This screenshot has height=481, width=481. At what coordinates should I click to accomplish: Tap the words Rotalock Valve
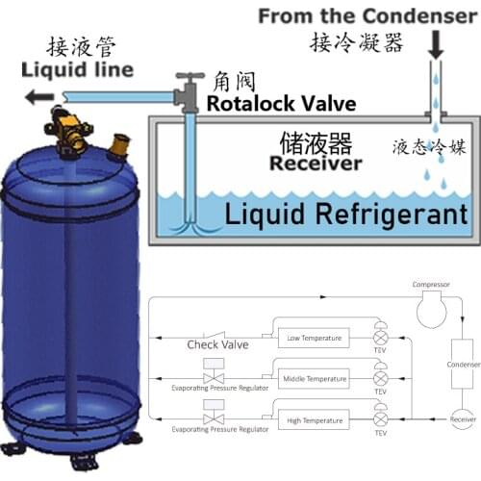[282, 103]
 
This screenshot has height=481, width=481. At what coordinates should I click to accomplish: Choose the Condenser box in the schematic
[458, 366]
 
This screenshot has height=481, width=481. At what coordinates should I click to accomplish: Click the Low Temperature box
[315, 338]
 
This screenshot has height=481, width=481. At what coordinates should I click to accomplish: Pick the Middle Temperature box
[315, 379]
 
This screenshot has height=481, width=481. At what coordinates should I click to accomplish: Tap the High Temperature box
[315, 419]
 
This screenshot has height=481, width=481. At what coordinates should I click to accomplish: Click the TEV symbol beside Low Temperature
[380, 338]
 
